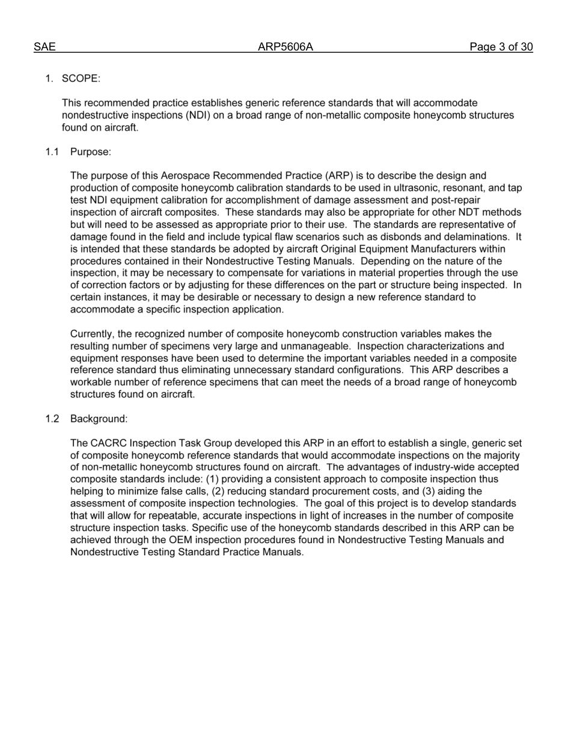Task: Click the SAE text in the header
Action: point(44,47)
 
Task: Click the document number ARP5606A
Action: point(285,47)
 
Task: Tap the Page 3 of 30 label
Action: point(501,47)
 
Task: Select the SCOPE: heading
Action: point(81,79)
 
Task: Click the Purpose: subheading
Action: point(91,151)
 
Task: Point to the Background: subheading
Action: point(99,419)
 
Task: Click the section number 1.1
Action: point(52,151)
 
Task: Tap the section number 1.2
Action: point(52,419)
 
